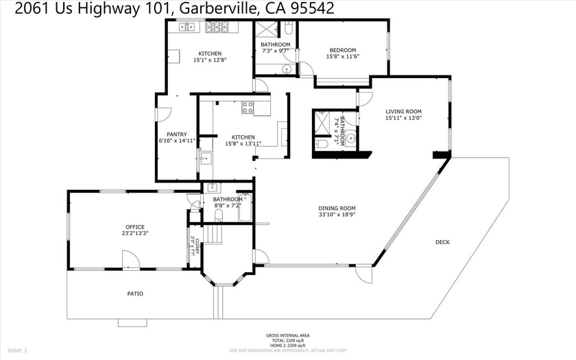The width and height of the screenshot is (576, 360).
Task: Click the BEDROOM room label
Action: [342, 50]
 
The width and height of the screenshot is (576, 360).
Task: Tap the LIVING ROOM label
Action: [403, 111]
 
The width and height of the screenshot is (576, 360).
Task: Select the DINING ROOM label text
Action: [337, 208]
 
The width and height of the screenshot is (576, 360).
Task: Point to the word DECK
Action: [442, 242]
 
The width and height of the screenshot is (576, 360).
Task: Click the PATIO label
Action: [135, 293]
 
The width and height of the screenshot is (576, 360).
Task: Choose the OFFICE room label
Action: [135, 227]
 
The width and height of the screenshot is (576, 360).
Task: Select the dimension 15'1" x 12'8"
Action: [210, 60]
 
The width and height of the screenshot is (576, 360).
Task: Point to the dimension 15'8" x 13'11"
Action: [243, 144]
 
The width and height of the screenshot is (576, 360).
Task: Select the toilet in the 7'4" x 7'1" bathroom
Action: [322, 145]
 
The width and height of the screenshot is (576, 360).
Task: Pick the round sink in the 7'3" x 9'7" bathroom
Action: [286, 69]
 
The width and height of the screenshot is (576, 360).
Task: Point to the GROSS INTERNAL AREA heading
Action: [287, 335]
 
